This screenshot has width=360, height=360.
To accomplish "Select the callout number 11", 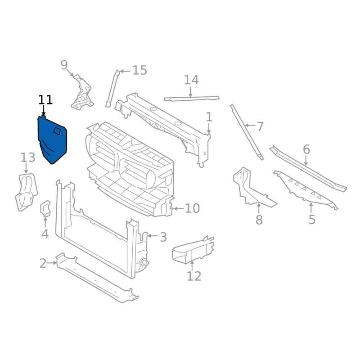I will [45, 100].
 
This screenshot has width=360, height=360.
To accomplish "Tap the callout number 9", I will [64, 65].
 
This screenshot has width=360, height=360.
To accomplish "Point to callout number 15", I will [139, 70].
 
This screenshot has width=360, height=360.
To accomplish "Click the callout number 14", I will [191, 80].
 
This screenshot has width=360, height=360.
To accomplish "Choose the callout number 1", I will [209, 117].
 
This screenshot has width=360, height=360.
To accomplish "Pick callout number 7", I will [260, 126].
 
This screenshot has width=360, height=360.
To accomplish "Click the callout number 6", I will [306, 149].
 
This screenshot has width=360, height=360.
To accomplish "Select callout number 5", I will [312, 220].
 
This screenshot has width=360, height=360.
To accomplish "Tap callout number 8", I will [259, 220].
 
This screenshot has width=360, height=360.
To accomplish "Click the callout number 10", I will [192, 208].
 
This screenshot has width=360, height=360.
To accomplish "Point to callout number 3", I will [163, 237].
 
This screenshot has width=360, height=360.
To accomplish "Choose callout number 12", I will [194, 276].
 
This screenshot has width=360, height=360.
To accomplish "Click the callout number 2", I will [43, 263].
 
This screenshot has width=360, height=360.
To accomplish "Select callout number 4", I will [45, 234].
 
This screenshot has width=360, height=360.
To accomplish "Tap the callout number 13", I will [27, 157].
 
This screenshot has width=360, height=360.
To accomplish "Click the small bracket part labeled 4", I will [46, 208].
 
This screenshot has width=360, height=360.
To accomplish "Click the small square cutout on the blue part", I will [57, 130].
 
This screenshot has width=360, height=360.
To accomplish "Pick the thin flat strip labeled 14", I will [191, 98].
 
